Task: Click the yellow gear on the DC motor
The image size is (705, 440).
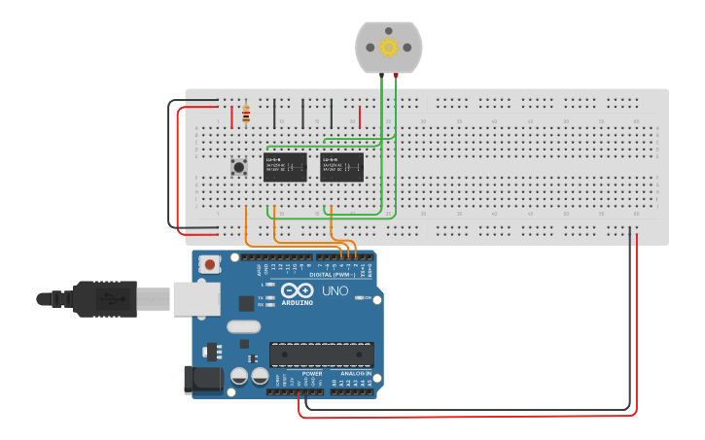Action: [x=389, y=47]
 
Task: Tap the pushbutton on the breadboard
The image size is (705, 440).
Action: [x=238, y=167]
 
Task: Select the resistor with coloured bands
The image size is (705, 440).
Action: [x=245, y=116]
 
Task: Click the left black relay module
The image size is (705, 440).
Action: [x=286, y=166]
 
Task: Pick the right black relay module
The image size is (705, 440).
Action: [x=342, y=166]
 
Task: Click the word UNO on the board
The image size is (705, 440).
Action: [x=335, y=290]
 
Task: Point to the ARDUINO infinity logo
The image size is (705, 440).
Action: [x=297, y=291]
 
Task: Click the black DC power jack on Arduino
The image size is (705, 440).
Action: [x=203, y=380]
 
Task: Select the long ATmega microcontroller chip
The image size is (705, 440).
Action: [x=322, y=355]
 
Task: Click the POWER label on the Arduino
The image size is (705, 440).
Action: [x=312, y=373]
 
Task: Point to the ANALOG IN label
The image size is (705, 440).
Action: [x=354, y=373]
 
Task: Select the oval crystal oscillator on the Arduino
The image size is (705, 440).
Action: [x=244, y=327]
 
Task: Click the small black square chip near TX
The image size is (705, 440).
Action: [x=247, y=303]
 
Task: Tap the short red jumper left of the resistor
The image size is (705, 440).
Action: [x=231, y=117]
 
